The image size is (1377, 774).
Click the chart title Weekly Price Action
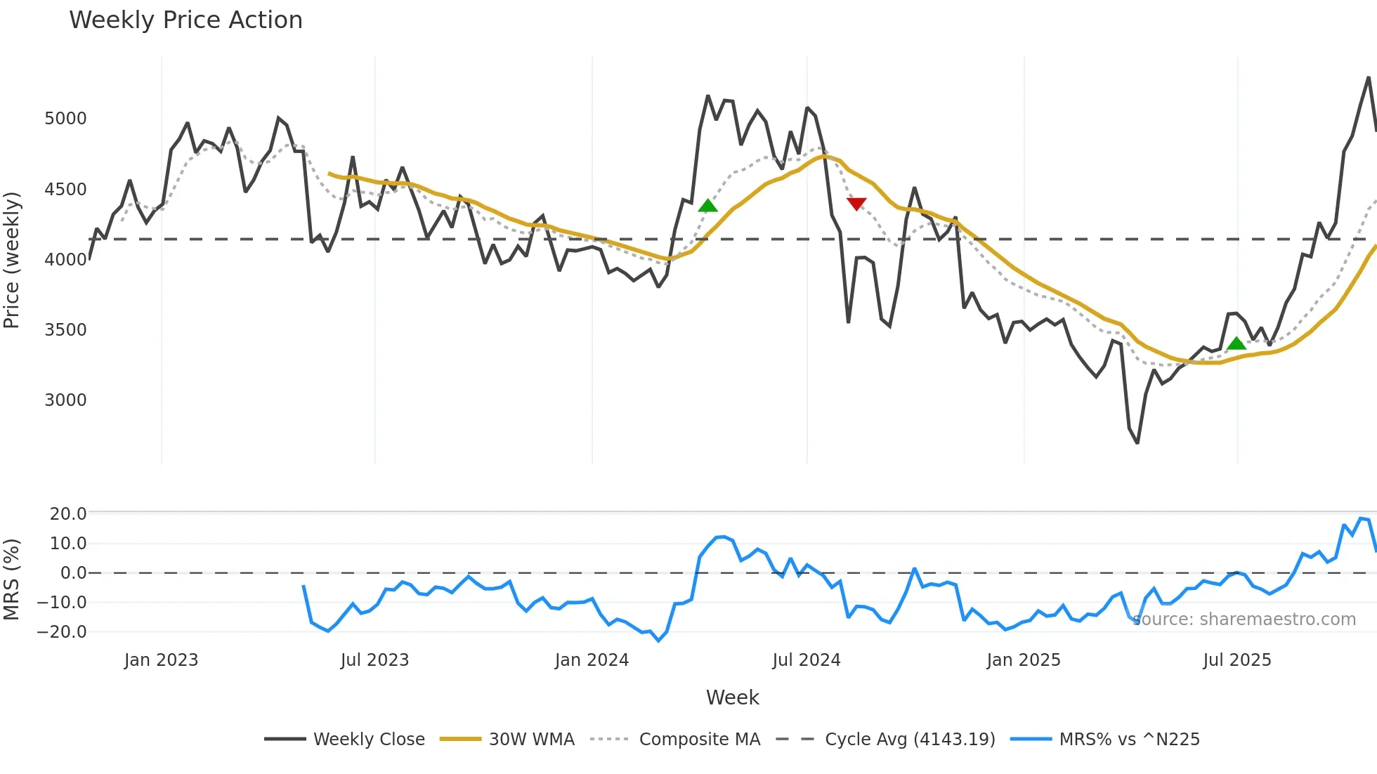pos(185,20)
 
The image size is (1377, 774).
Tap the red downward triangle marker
pos(856,204)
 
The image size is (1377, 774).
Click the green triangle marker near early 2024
pos(707,205)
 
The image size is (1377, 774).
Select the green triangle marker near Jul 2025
pos(1236,343)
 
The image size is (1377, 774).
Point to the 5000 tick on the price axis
pos(65,119)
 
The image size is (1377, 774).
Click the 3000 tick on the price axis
pos(65,400)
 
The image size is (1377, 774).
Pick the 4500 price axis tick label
pos(65,190)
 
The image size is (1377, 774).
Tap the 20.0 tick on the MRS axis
pos(68,514)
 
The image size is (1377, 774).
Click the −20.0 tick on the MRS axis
pos(62,632)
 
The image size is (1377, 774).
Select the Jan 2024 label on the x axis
pos(592,660)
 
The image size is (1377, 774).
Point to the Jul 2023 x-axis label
pos(374,660)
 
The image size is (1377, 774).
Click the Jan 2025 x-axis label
pos(1023,660)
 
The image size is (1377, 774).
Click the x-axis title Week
pos(732,697)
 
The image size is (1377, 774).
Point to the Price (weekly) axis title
pos(12,260)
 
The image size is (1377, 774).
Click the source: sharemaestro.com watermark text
pos(1244,619)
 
